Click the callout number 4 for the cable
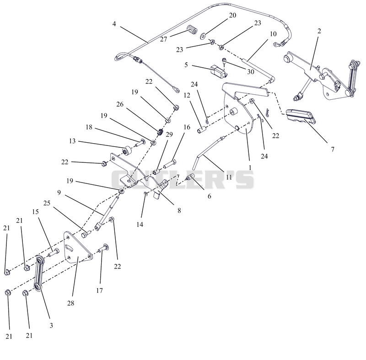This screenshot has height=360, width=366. click(x=114, y=24)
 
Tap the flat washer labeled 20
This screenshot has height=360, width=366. click(x=203, y=36)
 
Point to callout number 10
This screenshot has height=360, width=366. click(x=273, y=34)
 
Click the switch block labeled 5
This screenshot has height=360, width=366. click(x=219, y=71)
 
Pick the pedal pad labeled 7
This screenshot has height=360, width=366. click(x=301, y=116)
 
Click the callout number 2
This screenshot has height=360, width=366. click(x=319, y=31)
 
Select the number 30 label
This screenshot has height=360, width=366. click(x=250, y=72)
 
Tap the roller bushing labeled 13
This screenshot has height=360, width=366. click(x=128, y=150)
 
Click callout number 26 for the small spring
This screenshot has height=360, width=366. click(x=120, y=104)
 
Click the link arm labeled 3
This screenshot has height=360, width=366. click(x=38, y=274)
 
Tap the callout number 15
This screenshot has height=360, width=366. click(x=35, y=212)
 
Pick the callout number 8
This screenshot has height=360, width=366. click(x=179, y=211)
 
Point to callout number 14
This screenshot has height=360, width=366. click(x=140, y=225)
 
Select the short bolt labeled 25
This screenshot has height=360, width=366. click(x=86, y=234)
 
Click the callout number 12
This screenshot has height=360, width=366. click(x=187, y=96)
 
